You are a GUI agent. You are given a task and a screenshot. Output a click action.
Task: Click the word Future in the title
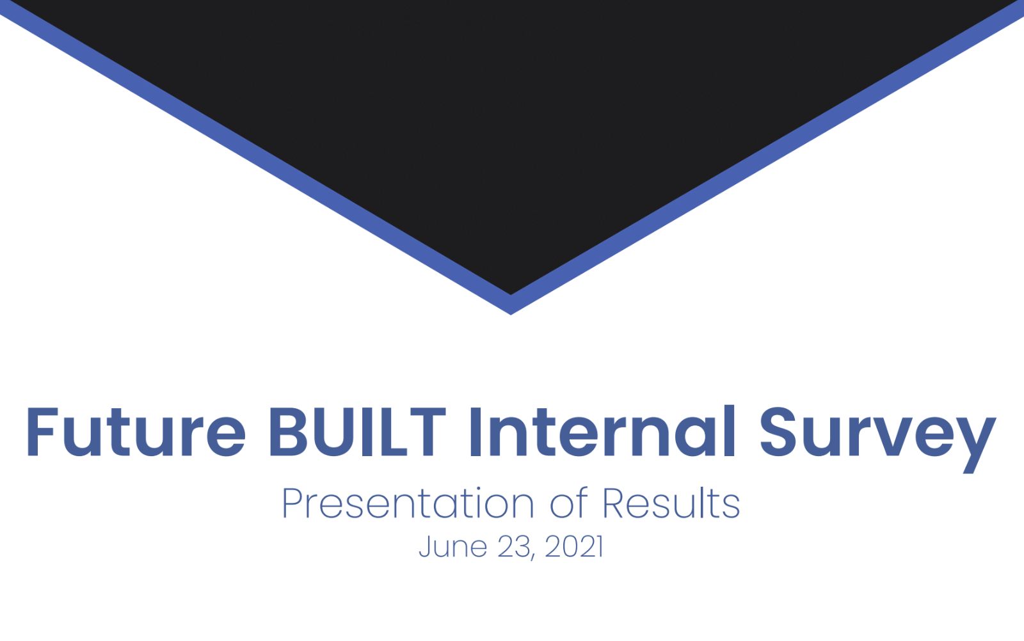[136, 432]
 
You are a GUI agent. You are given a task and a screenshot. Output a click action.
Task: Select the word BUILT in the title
[357, 432]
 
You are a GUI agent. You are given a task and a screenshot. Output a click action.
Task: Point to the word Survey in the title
[877, 439]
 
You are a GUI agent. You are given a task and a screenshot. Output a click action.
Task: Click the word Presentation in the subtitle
[408, 503]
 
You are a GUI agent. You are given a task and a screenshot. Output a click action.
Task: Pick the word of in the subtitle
[569, 502]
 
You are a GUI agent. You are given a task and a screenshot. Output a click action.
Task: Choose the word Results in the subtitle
[671, 503]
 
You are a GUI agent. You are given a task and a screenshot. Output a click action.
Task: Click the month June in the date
[452, 546]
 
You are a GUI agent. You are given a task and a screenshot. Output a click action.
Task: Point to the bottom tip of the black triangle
[511, 294]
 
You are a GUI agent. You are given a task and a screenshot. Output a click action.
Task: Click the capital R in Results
[615, 503]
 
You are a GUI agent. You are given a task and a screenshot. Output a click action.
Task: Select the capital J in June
[425, 547]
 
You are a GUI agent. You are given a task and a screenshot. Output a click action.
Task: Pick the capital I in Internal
[476, 432]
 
